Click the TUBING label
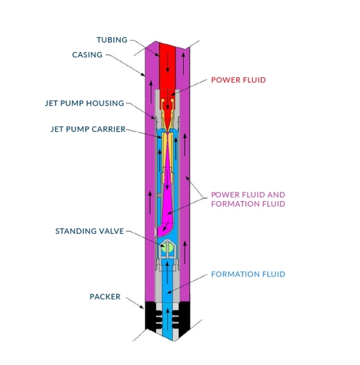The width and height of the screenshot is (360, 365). click(x=112, y=40)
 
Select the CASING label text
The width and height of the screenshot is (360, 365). click(x=87, y=55)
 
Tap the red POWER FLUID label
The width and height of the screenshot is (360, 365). click(x=238, y=80)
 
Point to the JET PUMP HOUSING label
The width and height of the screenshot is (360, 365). click(x=84, y=103)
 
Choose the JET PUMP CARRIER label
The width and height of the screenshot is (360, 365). click(x=88, y=129)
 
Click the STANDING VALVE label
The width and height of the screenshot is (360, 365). click(x=90, y=231)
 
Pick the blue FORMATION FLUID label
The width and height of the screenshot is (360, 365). click(x=248, y=274)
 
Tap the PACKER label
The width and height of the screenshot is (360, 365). click(x=105, y=297)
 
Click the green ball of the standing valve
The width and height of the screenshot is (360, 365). click(x=167, y=247)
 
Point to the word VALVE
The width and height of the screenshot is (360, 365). click(x=111, y=231)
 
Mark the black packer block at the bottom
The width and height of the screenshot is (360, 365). click(x=167, y=316)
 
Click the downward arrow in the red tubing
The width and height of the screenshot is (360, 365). click(x=167, y=64)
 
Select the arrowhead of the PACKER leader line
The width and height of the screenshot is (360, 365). click(x=142, y=307)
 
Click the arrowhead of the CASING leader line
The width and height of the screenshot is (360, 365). click(x=142, y=75)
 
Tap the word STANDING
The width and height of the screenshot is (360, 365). click(x=76, y=231)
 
